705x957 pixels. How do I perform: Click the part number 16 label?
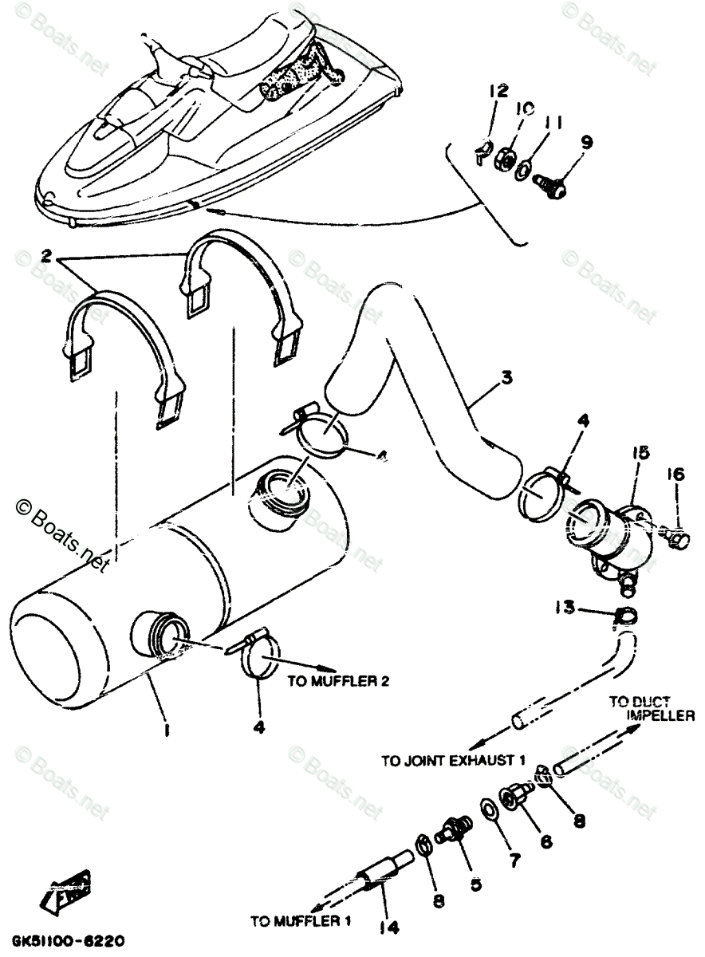click(x=675, y=475)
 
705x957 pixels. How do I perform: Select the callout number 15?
click(x=643, y=453)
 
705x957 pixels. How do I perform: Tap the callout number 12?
click(x=498, y=91)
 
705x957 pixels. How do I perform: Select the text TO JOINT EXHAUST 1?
click(x=453, y=761)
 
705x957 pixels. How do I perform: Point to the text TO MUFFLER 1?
click(x=301, y=922)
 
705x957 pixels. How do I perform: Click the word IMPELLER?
click(x=660, y=715)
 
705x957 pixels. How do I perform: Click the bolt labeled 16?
click(x=673, y=541)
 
